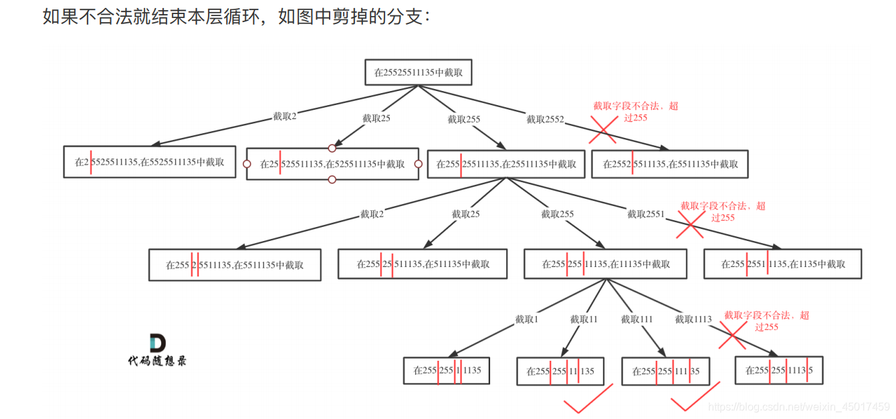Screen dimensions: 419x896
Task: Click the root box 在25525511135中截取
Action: pos(418,72)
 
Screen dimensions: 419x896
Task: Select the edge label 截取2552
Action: pos(545,119)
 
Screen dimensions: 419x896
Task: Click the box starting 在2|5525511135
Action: pos(150,162)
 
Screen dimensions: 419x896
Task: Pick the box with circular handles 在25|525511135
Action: pos(332,164)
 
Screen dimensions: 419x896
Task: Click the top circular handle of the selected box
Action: pos(332,148)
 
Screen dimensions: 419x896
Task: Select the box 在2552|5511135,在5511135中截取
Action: pos(669,164)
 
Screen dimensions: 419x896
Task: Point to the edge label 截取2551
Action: pos(646,214)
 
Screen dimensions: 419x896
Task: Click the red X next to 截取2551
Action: pos(690,226)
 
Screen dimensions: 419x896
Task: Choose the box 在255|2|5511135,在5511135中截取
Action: pos(235,264)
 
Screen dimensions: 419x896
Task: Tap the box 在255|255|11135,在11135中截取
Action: pos(606,264)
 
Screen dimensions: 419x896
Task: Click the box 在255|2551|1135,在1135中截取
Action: pos(782,264)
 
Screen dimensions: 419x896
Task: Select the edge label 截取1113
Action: pos(693,319)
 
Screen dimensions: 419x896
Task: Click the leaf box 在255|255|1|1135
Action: pos(446,370)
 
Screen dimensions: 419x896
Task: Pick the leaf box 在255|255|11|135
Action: pos(560,371)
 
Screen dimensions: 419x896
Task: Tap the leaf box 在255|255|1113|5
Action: pos(778,370)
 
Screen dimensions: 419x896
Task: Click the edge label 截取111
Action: pos(637,319)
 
